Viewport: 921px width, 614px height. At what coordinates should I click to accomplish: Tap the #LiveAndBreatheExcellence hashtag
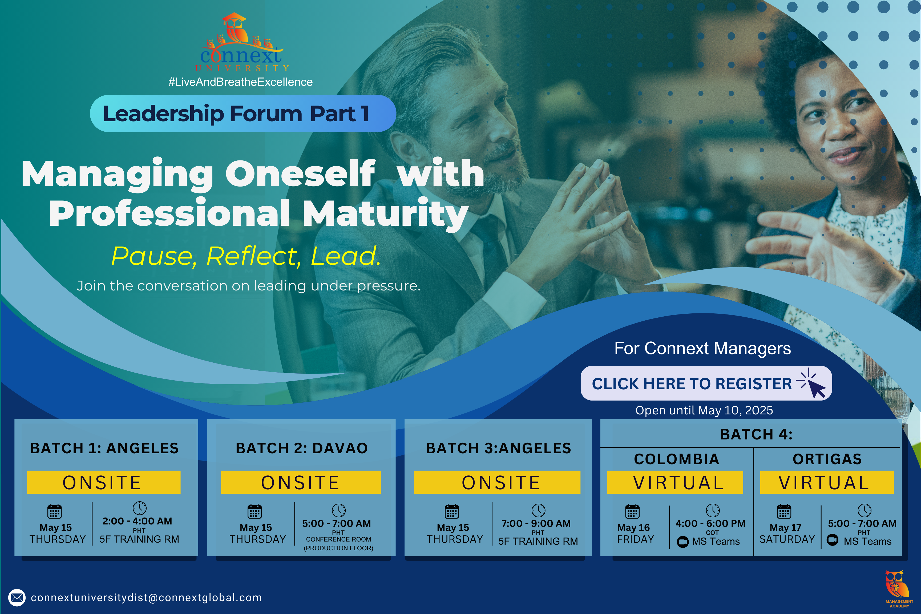240,82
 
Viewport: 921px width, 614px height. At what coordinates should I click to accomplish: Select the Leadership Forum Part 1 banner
243,114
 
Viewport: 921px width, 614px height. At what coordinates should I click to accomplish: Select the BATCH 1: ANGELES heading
104,448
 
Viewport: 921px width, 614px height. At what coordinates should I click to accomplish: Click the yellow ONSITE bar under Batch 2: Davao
301,482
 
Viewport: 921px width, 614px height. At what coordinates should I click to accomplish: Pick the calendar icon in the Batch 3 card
451,511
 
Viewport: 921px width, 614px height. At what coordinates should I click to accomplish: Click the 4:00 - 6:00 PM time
710,524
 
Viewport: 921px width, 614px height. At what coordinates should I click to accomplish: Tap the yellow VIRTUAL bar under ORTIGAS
827,482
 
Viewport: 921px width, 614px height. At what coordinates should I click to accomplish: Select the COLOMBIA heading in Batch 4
677,459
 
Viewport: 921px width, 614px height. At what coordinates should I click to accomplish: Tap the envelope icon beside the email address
17,597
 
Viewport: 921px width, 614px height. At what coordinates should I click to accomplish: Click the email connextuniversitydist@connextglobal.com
147,597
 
